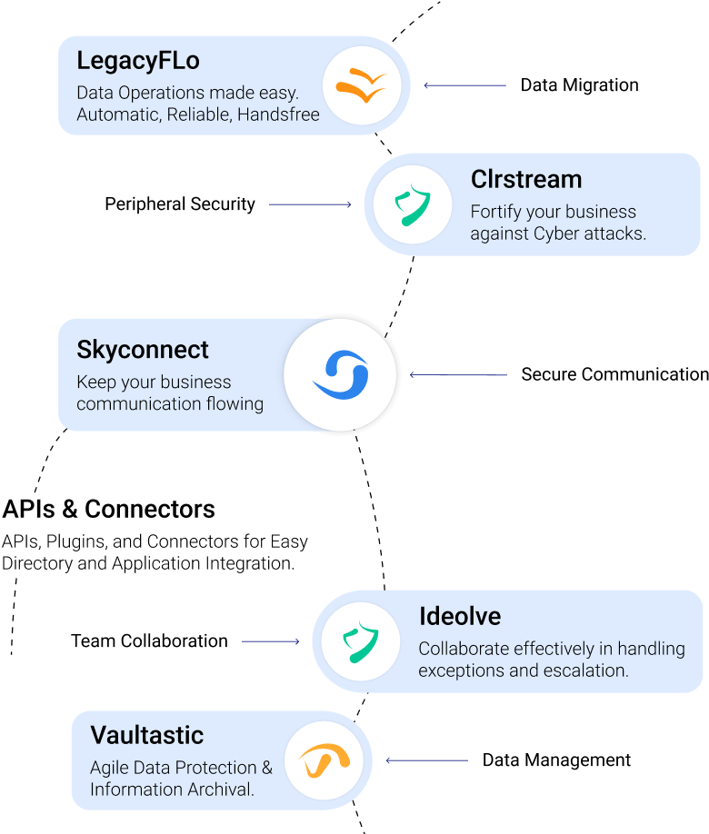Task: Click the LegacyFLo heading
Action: pos(137,62)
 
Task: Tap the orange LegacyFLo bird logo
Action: pos(361,85)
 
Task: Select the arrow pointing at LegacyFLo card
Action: pos(464,85)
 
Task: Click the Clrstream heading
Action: pos(525,179)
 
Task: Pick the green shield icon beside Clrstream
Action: pos(413,204)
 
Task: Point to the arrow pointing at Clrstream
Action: pos(310,204)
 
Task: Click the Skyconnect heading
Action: pos(143,350)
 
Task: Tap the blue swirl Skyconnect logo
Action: pos(340,374)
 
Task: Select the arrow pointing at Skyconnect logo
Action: pos(458,374)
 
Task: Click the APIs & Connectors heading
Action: pos(108,509)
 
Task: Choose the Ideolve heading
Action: pos(460,616)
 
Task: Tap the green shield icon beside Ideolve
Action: pos(361,641)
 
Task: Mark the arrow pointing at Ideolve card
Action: pos(271,641)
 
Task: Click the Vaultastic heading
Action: pos(146,735)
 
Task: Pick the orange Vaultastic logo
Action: pos(323,760)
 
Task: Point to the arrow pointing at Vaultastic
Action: pos(427,760)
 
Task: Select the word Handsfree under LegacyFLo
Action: pos(278,115)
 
